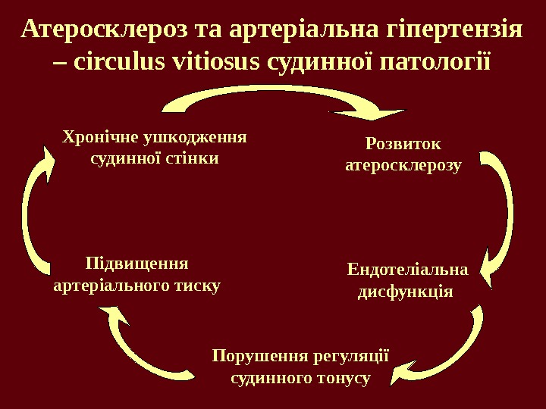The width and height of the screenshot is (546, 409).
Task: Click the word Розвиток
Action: coord(403,142)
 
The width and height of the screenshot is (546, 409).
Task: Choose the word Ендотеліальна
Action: coord(408,270)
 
